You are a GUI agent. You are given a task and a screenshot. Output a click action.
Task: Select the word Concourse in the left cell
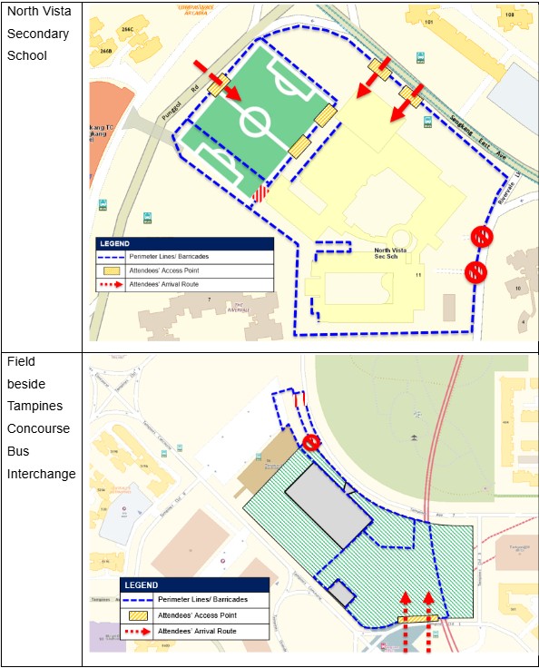(x=40, y=427)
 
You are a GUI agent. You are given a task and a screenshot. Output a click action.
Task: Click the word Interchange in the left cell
(x=42, y=474)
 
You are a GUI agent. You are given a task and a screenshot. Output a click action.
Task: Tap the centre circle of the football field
(x=256, y=121)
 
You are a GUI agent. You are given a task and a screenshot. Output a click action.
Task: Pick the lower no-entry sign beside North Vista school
(x=475, y=271)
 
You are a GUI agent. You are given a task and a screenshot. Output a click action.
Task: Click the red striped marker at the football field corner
(x=260, y=193)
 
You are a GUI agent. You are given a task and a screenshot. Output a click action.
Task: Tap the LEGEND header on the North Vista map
(x=116, y=243)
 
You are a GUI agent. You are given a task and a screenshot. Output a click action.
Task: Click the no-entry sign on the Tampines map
(x=311, y=443)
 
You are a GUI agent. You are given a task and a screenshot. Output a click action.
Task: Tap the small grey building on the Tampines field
(x=340, y=594)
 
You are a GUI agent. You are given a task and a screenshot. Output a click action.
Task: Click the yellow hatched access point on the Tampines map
(x=417, y=621)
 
